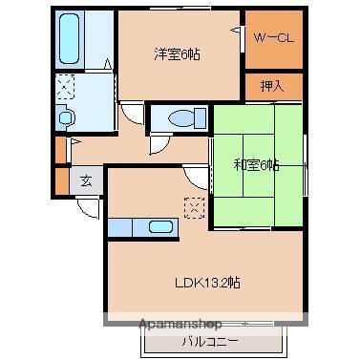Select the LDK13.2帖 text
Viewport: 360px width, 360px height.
[x=206, y=283]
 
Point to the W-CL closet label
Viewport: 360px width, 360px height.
[x=274, y=39]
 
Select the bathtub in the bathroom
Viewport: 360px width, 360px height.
[x=70, y=39]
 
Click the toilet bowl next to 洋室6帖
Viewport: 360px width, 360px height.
[x=180, y=117]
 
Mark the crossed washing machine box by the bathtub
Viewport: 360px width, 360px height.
[x=66, y=88]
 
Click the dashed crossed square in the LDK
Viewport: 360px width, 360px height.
[x=195, y=207]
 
